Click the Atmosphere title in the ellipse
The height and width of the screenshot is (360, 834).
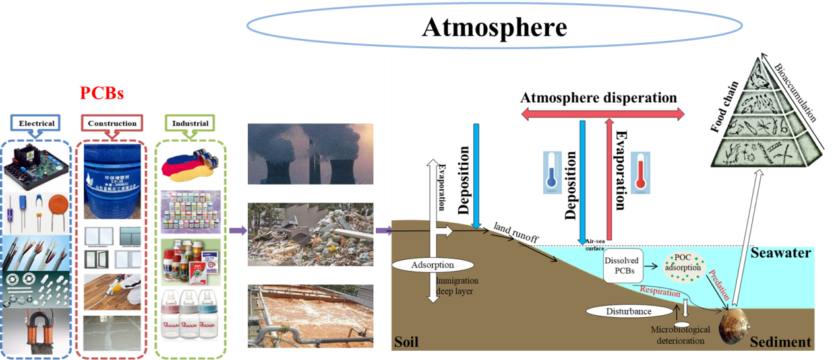click(494, 27)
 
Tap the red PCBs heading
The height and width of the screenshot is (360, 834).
click(102, 93)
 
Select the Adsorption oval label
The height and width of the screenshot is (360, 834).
click(432, 265)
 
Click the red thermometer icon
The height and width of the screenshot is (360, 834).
click(638, 173)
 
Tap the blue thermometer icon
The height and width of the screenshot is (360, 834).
click(552, 172)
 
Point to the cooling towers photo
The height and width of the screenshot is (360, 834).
click(310, 154)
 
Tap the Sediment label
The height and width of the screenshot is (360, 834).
click(780, 342)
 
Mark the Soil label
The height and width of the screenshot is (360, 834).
click(406, 342)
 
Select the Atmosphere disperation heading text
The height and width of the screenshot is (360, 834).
click(599, 98)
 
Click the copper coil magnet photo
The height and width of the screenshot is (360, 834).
click(37, 331)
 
